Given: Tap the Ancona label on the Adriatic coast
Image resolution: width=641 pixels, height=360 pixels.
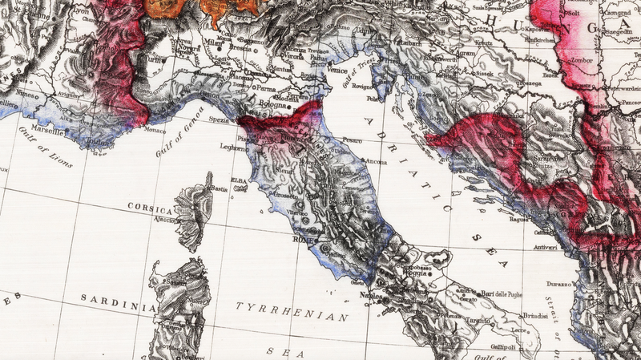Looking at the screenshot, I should [x=377, y=162].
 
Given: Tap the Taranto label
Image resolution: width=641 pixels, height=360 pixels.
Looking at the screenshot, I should [x=475, y=319].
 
